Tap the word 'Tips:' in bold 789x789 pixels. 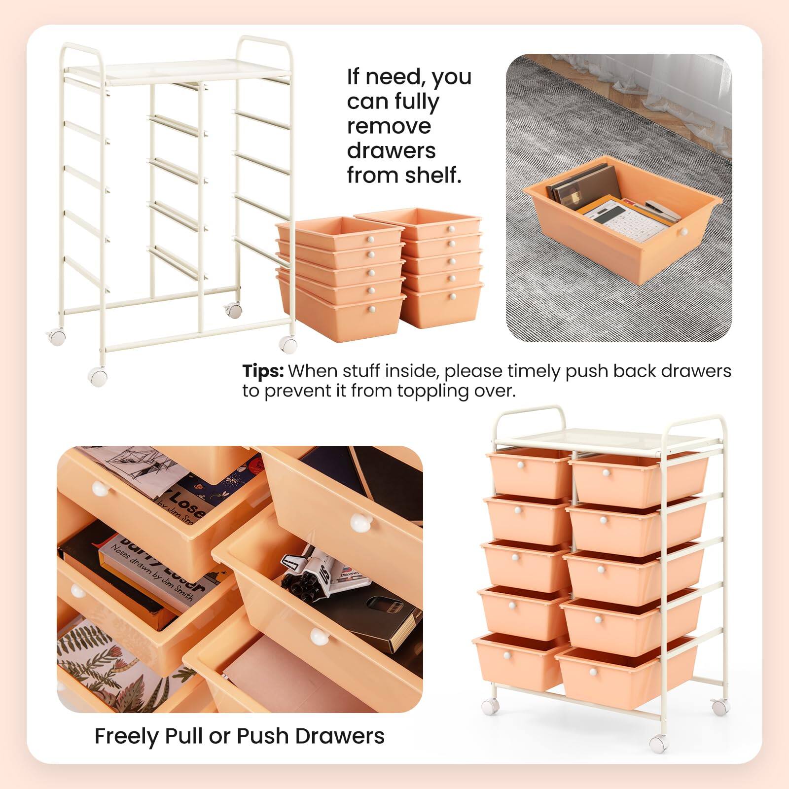click(x=263, y=371)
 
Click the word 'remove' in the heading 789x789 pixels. click(x=389, y=126)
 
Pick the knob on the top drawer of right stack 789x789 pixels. click(x=450, y=228)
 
